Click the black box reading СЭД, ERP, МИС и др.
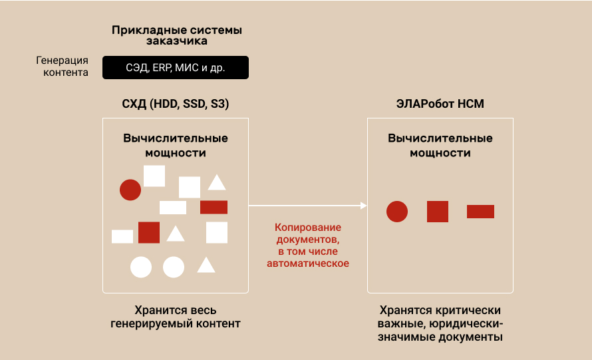[x=176, y=68]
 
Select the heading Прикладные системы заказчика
[x=177, y=35]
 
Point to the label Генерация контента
[x=63, y=66]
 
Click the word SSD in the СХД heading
[x=194, y=104]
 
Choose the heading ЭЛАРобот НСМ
[x=440, y=104]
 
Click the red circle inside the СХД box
[x=130, y=190]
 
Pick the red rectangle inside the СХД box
[x=214, y=208]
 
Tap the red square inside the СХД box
[x=149, y=232]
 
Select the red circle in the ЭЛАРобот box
[x=397, y=212]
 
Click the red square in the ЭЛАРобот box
[x=438, y=212]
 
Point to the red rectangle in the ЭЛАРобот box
[x=481, y=212]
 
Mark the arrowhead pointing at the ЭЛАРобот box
[x=364, y=206]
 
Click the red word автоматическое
[x=308, y=264]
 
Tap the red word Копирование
[x=308, y=228]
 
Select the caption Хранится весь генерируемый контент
[x=176, y=317]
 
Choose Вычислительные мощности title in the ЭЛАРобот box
[x=440, y=146]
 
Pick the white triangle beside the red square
[x=176, y=234]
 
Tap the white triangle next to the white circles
[x=206, y=266]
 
